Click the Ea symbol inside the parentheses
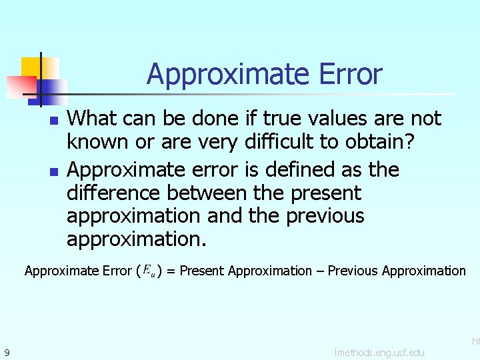[149, 271]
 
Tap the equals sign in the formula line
[171, 271]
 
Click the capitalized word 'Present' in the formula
[202, 271]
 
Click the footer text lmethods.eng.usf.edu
[379, 352]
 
